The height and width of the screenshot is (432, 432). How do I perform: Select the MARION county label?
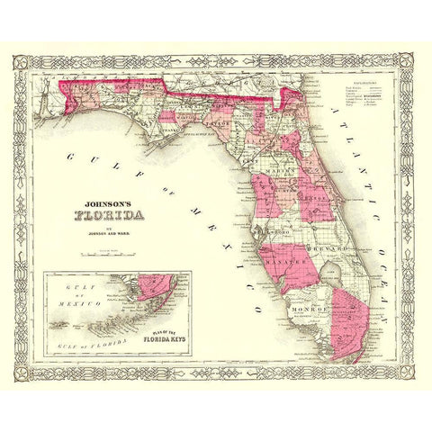(x=277, y=165)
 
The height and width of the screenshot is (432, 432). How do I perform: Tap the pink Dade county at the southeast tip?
(x=352, y=319)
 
